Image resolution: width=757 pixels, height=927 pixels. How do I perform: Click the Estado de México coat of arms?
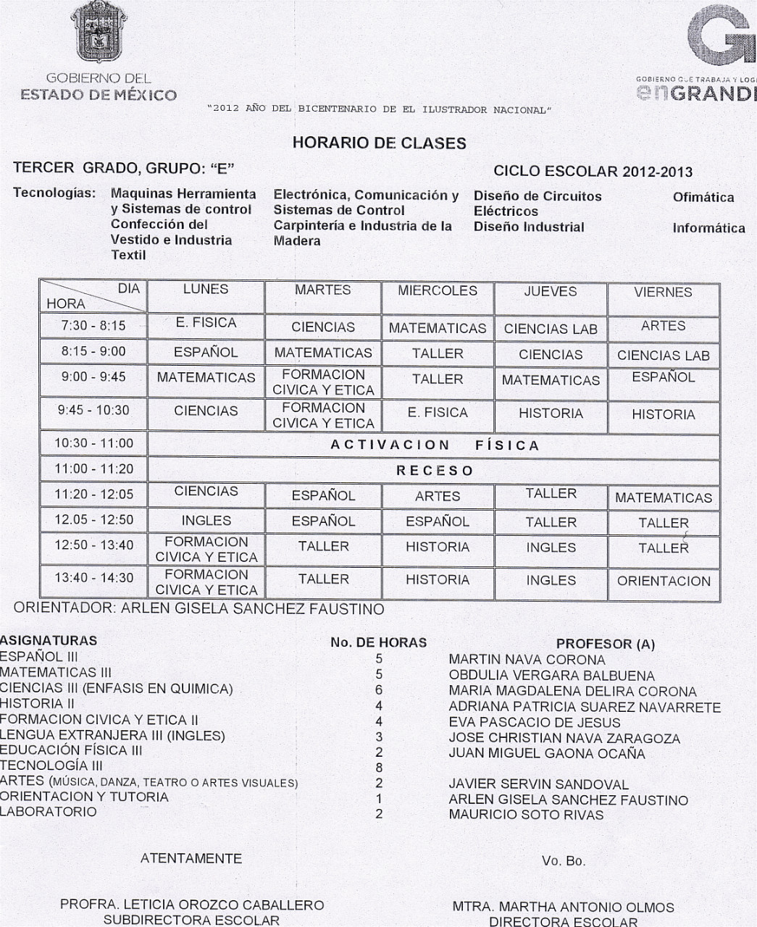[99, 35]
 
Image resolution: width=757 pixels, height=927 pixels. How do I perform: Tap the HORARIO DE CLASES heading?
[379, 143]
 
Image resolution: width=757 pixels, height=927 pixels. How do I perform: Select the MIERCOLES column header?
[437, 291]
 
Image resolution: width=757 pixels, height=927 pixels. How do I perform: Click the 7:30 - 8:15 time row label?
[93, 326]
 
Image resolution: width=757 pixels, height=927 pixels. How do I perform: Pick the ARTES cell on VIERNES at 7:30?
[663, 326]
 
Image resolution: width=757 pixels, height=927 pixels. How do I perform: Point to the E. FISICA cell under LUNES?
[206, 323]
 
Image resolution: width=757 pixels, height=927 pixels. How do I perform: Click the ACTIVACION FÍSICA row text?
[435, 445]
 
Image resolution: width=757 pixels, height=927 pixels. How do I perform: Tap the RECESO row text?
[435, 471]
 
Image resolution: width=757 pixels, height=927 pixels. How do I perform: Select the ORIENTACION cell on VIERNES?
[664, 581]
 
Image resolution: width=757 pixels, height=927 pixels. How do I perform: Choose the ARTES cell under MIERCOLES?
[437, 496]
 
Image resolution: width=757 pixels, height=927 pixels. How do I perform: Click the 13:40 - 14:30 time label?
[93, 578]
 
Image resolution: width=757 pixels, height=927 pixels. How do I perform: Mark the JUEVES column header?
[551, 292]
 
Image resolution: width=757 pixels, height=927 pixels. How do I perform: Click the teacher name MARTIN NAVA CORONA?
[527, 660]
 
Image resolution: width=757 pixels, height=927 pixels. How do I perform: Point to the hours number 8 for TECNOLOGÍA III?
[379, 768]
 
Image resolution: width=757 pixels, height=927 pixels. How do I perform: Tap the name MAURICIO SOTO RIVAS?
[526, 815]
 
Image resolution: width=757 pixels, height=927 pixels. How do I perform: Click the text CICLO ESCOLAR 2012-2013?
[593, 172]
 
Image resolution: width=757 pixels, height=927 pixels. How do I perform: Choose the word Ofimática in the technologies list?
[703, 197]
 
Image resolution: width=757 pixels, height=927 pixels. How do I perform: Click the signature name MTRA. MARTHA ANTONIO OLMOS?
[563, 907]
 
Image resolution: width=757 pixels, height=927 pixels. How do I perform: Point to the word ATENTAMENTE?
[191, 859]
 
